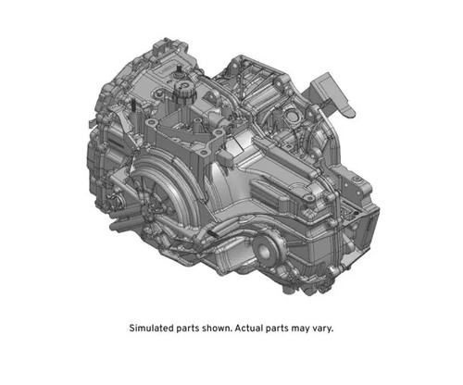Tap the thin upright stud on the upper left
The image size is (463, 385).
click(136, 108)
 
